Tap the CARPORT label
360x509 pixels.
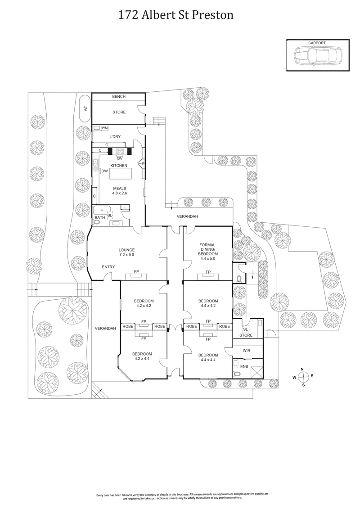(x=317, y=43)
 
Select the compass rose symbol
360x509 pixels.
(x=303, y=377)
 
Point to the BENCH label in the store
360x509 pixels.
(x=119, y=97)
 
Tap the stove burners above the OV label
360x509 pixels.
(x=120, y=151)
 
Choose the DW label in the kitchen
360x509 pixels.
(x=104, y=171)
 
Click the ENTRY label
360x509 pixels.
(x=108, y=267)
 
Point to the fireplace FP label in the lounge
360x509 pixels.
(x=135, y=271)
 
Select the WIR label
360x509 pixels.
(x=246, y=350)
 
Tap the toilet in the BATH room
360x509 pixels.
(x=97, y=221)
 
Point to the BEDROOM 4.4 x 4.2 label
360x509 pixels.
(x=208, y=303)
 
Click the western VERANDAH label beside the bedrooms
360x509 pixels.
(x=106, y=328)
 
